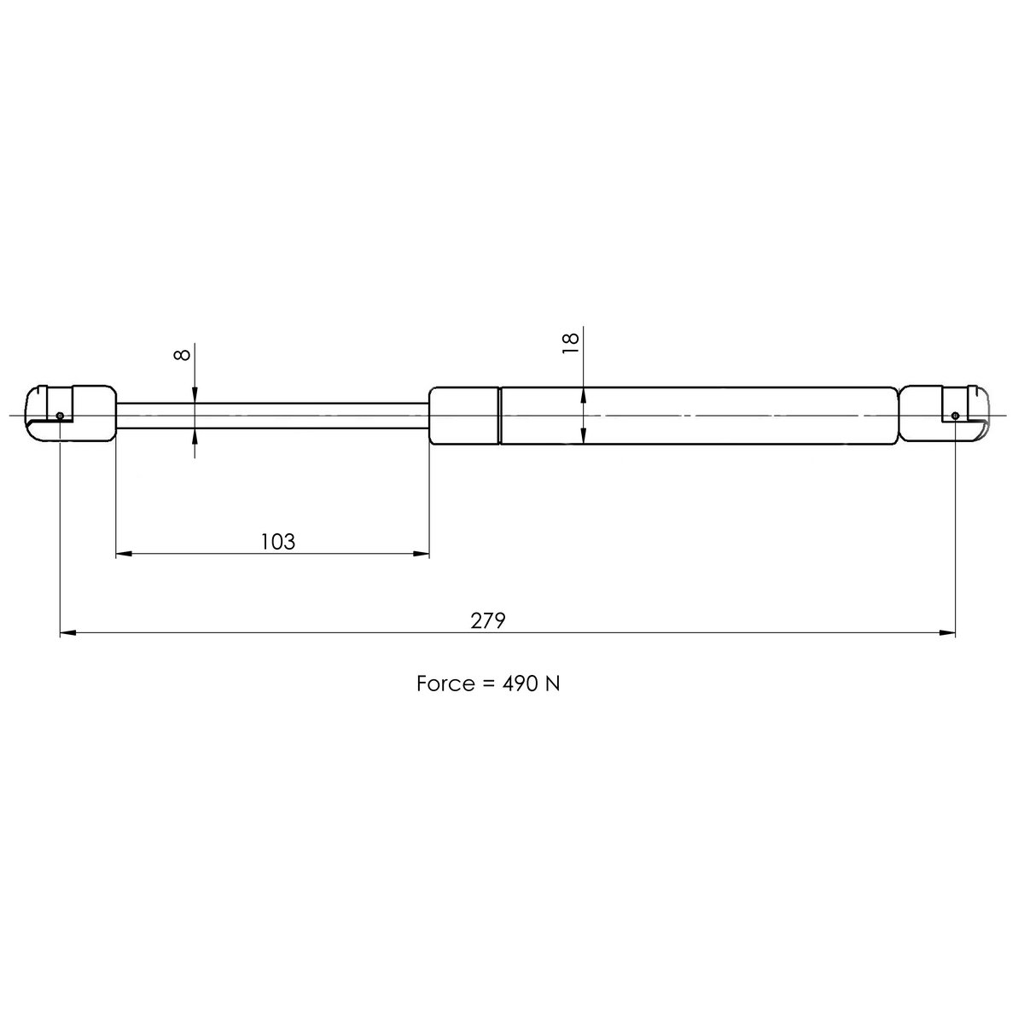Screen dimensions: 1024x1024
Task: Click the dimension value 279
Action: (489, 620)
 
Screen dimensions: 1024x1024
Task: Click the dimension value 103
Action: (277, 541)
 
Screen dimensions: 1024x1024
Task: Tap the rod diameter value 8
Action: (181, 352)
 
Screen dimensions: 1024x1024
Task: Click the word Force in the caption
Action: (445, 684)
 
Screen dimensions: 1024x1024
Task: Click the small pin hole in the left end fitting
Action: (60, 416)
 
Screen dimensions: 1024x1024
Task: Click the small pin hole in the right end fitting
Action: (955, 416)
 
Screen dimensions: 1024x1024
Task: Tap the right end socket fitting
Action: (944, 413)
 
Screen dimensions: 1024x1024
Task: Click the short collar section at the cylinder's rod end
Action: (463, 416)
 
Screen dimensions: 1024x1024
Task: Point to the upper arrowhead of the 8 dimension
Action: (195, 394)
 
